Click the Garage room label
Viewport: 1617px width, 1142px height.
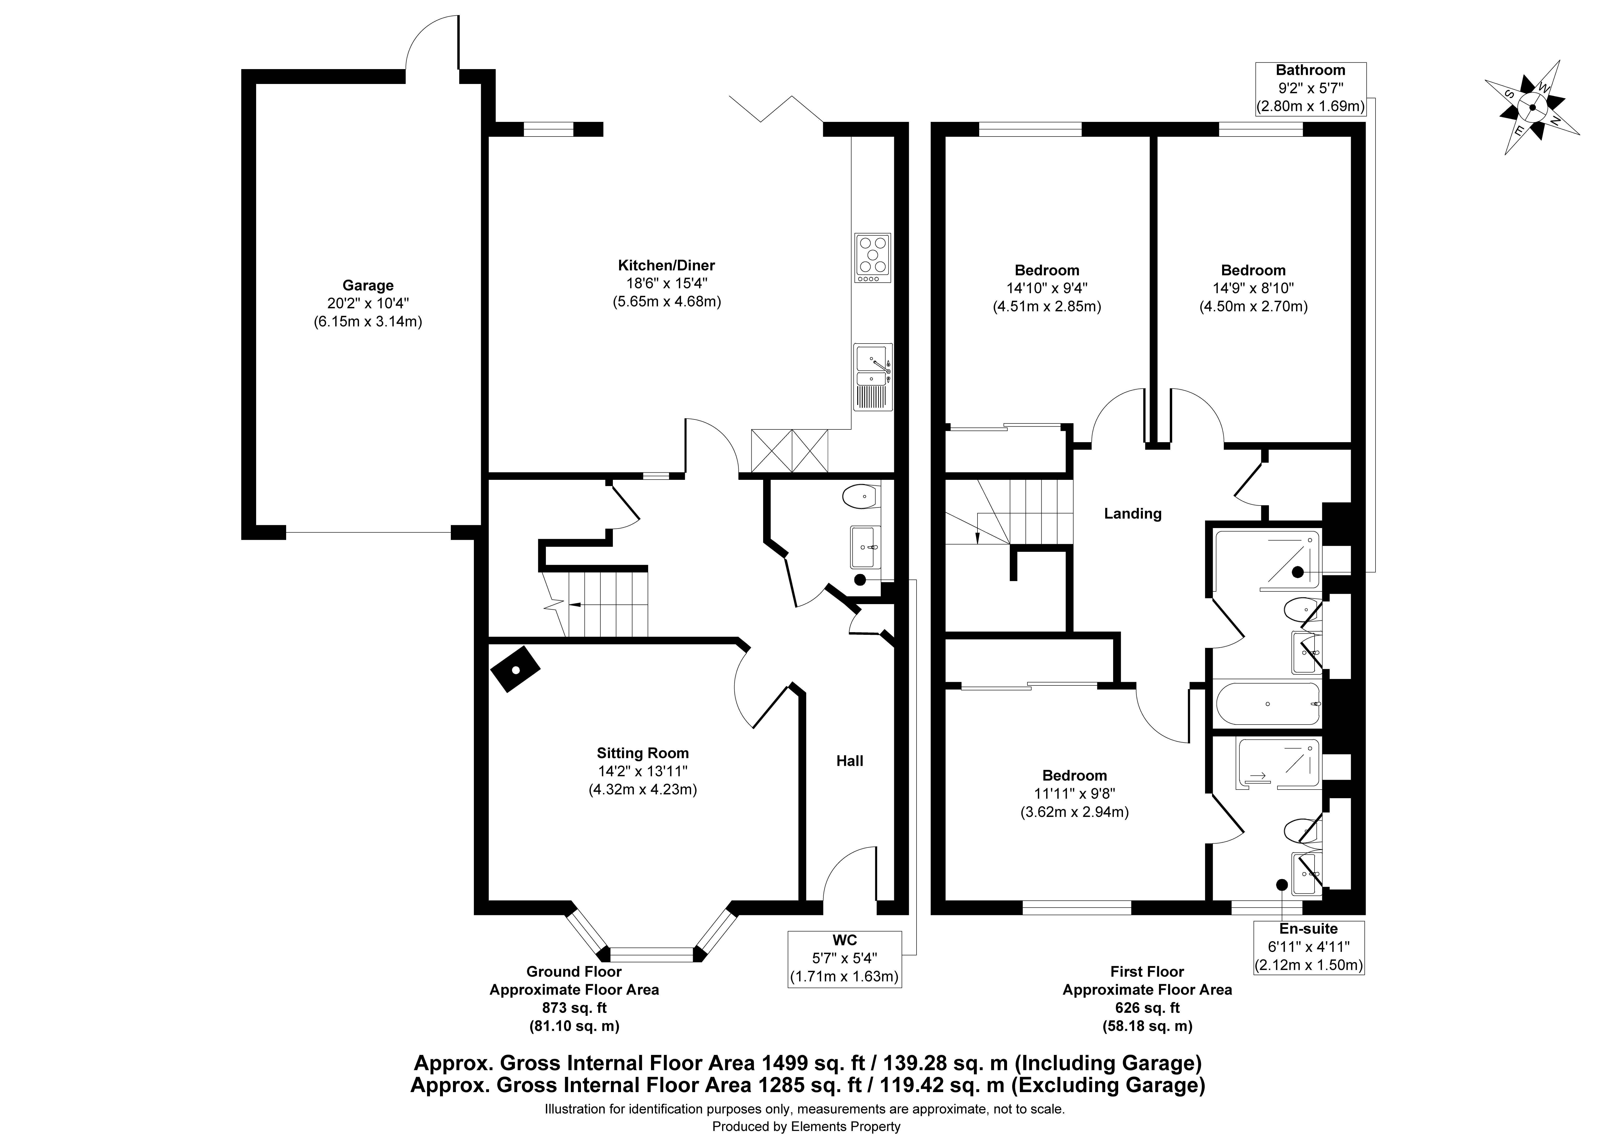click(368, 286)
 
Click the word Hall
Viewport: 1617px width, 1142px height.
click(849, 761)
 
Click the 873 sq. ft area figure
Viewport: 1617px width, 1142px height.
click(574, 1008)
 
